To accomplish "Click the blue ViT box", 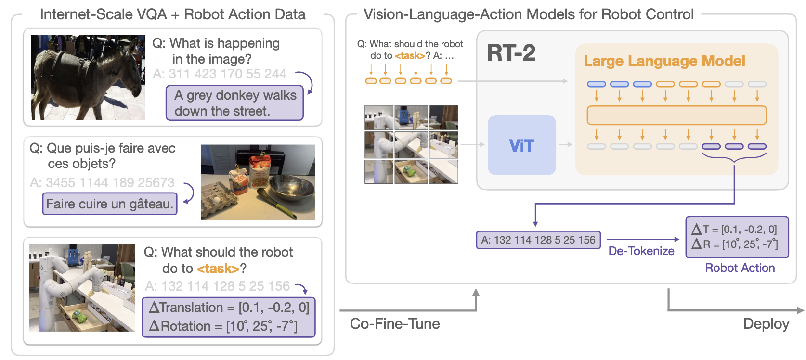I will click(x=521, y=145).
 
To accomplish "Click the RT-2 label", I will click(x=511, y=52).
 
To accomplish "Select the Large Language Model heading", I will click(x=664, y=61).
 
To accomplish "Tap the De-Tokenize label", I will click(x=641, y=251).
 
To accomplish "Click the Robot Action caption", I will click(x=740, y=268).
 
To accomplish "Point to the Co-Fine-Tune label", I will click(x=395, y=324).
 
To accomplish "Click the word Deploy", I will click(x=766, y=324).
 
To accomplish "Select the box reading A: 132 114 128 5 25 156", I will click(x=538, y=240).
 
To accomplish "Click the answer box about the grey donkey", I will click(x=235, y=103).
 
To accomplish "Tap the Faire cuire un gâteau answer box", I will click(x=110, y=204).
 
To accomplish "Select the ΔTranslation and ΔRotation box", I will click(x=229, y=317).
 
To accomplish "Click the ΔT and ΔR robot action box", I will click(x=737, y=237).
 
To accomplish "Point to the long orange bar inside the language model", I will click(x=676, y=116).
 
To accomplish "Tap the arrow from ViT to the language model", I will click(x=565, y=144).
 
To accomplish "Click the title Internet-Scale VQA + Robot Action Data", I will click(x=172, y=14).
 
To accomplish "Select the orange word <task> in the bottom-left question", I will click(x=218, y=269).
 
